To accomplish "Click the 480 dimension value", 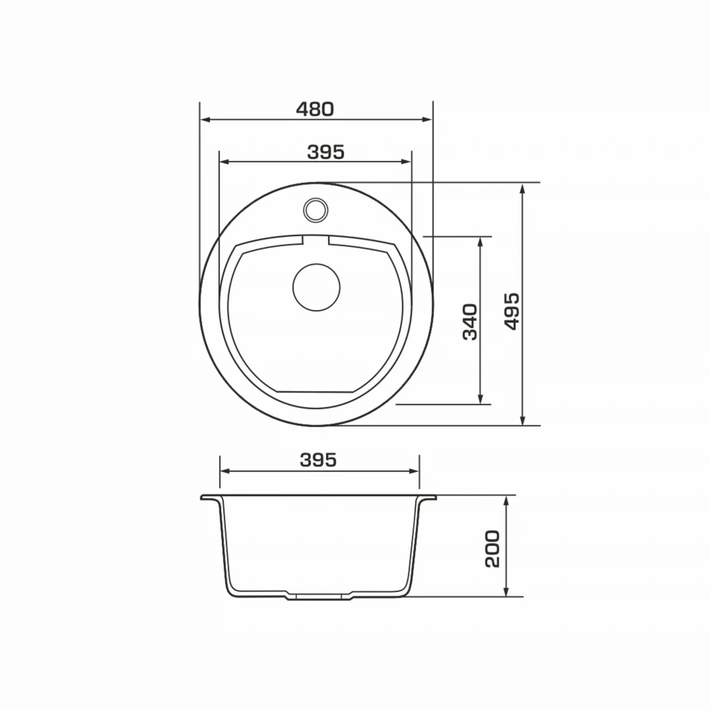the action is click(x=315, y=109).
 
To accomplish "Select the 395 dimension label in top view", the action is click(x=326, y=152).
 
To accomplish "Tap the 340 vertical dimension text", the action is click(x=470, y=322).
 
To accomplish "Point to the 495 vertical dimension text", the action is click(x=512, y=311).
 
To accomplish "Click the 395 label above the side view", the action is click(x=318, y=460).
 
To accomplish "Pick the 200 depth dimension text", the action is click(x=492, y=549).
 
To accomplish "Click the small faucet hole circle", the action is click(x=315, y=209).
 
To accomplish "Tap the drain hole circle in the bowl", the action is click(x=316, y=287).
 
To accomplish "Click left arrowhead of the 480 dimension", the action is click(x=205, y=119).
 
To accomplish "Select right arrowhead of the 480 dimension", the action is click(x=427, y=119).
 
